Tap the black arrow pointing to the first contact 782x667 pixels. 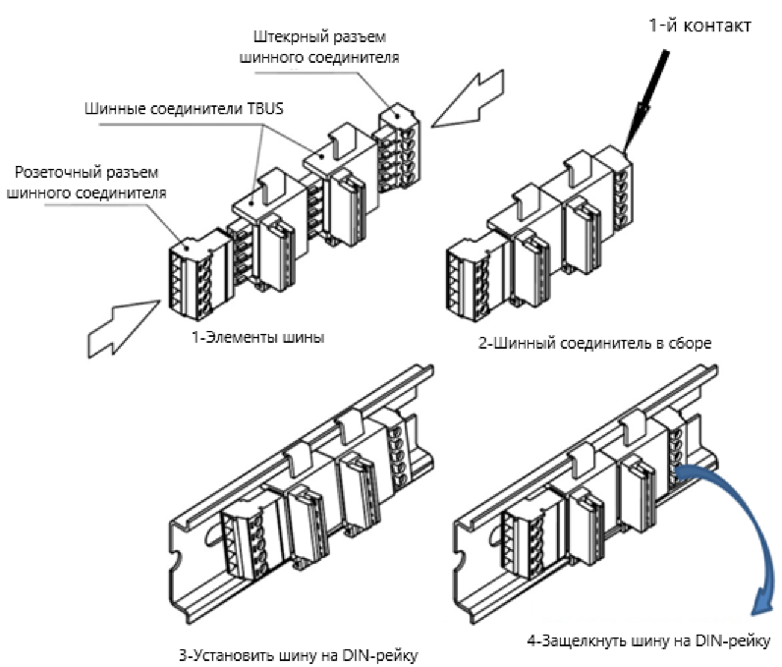647,98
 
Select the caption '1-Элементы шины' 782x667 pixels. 259,337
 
